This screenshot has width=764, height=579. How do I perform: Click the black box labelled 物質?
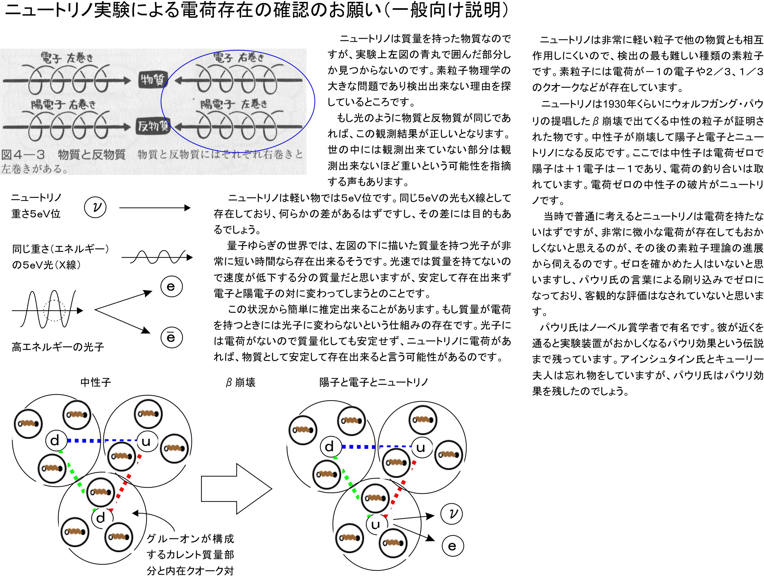coord(152,80)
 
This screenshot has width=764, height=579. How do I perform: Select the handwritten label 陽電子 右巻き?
coord(63,103)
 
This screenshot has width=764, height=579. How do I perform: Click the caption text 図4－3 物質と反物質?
coord(64,154)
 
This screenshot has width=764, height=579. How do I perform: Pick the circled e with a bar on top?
coord(171,338)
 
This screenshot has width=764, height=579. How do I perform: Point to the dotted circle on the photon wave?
coord(54,310)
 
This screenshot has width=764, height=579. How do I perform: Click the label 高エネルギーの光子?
coord(58,347)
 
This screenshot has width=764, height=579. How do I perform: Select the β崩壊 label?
coord(240,382)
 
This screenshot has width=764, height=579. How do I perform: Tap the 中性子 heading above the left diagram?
coord(96,382)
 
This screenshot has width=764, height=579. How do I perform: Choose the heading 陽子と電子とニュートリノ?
coord(374,382)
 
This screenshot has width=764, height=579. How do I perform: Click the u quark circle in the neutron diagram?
coord(146,441)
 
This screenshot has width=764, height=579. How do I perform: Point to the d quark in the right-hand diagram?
coord(330,447)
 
